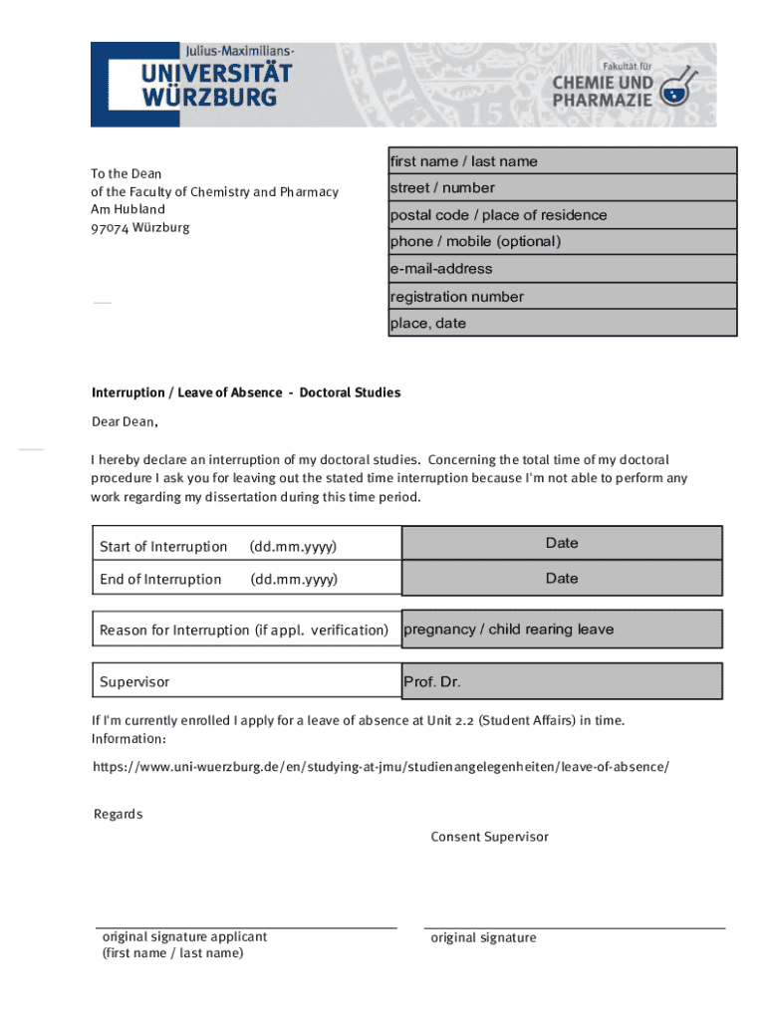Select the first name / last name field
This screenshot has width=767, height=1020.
562,161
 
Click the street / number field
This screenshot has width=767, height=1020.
562,188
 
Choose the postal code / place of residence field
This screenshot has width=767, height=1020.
562,215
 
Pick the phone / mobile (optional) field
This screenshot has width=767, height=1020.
562,242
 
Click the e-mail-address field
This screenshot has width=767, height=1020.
562,269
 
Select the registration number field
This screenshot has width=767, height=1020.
562,296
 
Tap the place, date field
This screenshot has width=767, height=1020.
562,323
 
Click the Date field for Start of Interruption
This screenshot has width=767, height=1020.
562,544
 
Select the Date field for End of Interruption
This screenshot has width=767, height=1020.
562,579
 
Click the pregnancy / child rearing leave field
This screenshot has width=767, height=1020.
562,630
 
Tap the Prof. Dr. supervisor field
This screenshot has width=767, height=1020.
562,682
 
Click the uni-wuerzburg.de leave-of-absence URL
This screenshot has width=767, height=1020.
381,766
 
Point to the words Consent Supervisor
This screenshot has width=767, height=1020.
489,837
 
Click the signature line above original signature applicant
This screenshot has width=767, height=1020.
246,927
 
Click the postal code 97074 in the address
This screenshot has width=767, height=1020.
110,227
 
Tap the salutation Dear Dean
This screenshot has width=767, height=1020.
125,421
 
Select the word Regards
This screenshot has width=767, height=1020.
118,814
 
